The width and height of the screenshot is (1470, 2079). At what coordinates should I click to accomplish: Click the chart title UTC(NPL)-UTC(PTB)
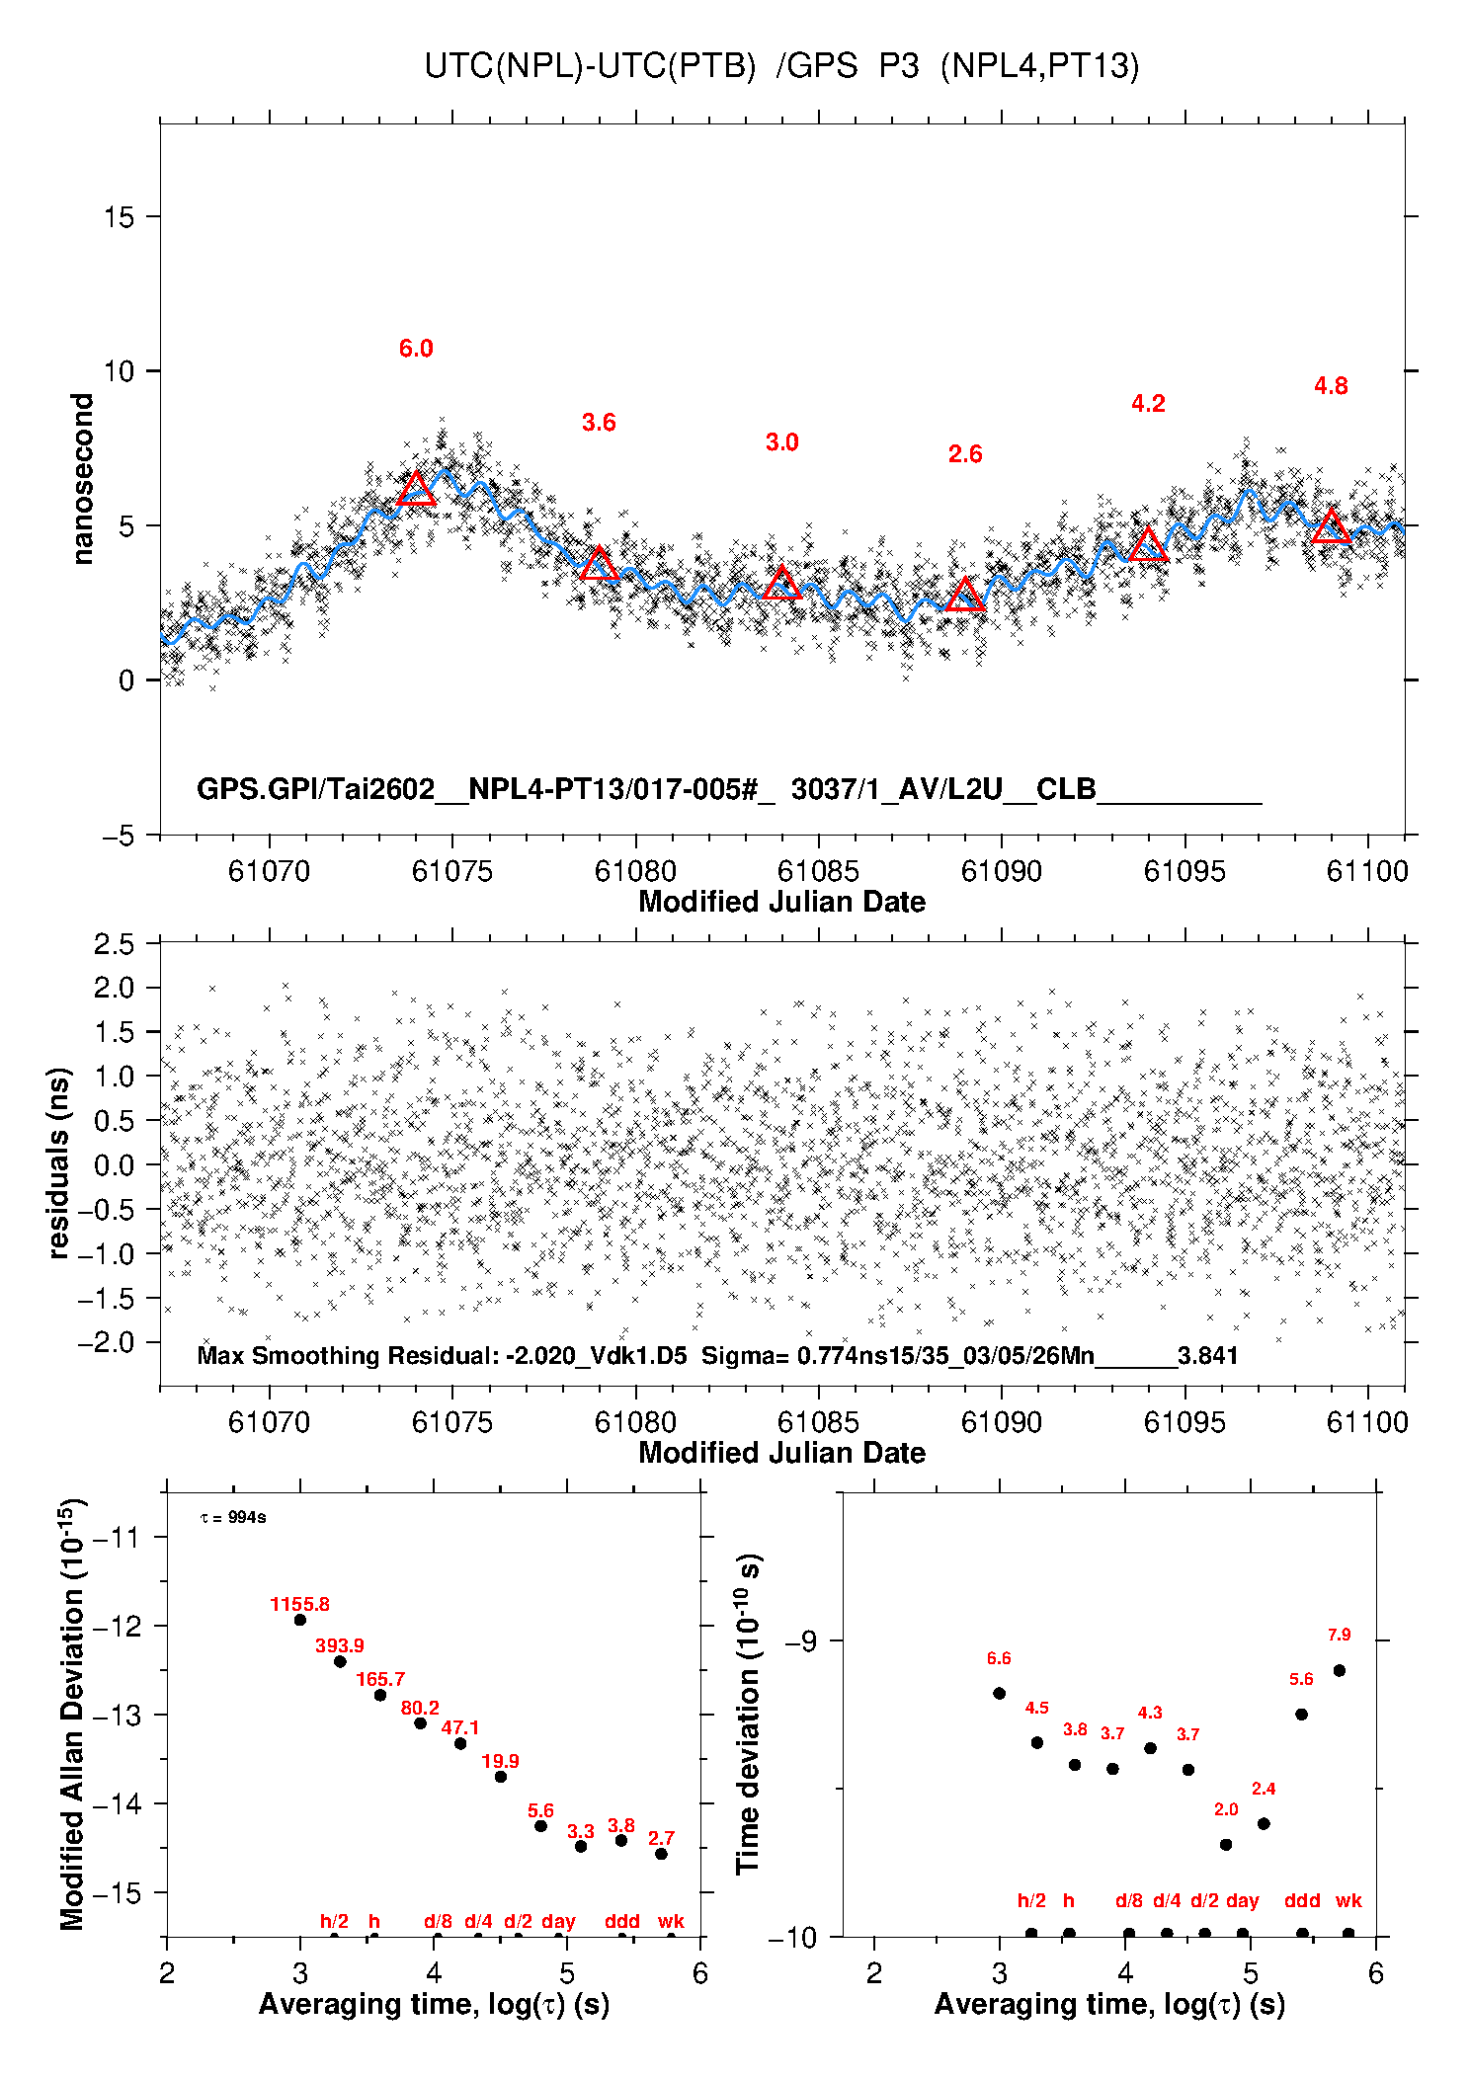click(590, 66)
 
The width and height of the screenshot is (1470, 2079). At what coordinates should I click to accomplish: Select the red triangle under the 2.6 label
click(965, 596)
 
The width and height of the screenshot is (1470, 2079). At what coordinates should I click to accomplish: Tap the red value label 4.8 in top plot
click(1331, 386)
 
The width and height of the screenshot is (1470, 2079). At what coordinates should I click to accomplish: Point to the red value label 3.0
click(781, 442)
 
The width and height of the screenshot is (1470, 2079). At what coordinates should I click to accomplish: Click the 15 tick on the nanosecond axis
click(120, 217)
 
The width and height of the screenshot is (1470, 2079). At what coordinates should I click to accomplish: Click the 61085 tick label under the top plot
click(818, 871)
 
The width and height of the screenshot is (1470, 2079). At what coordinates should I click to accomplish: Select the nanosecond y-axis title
click(82, 479)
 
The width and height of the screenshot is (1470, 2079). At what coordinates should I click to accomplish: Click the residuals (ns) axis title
click(59, 1163)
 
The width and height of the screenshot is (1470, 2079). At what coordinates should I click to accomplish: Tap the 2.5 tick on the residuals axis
click(115, 944)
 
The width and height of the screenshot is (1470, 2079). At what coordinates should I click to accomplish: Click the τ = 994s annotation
click(233, 1517)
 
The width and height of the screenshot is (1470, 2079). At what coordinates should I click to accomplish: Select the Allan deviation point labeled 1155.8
click(300, 1620)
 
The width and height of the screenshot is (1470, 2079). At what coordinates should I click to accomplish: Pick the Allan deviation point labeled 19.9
click(501, 1777)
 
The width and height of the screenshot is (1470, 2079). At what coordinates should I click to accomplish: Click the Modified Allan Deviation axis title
click(72, 1714)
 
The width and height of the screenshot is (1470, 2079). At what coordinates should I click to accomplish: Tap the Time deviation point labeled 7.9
click(1340, 1671)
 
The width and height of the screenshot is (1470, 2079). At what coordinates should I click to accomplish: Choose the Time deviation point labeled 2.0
click(1226, 1845)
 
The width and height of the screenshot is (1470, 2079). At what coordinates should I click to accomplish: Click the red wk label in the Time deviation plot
click(1348, 1901)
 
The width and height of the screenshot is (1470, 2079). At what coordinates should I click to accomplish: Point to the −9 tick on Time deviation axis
click(800, 1642)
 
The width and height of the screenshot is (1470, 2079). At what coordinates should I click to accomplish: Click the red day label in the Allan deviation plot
click(558, 1922)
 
